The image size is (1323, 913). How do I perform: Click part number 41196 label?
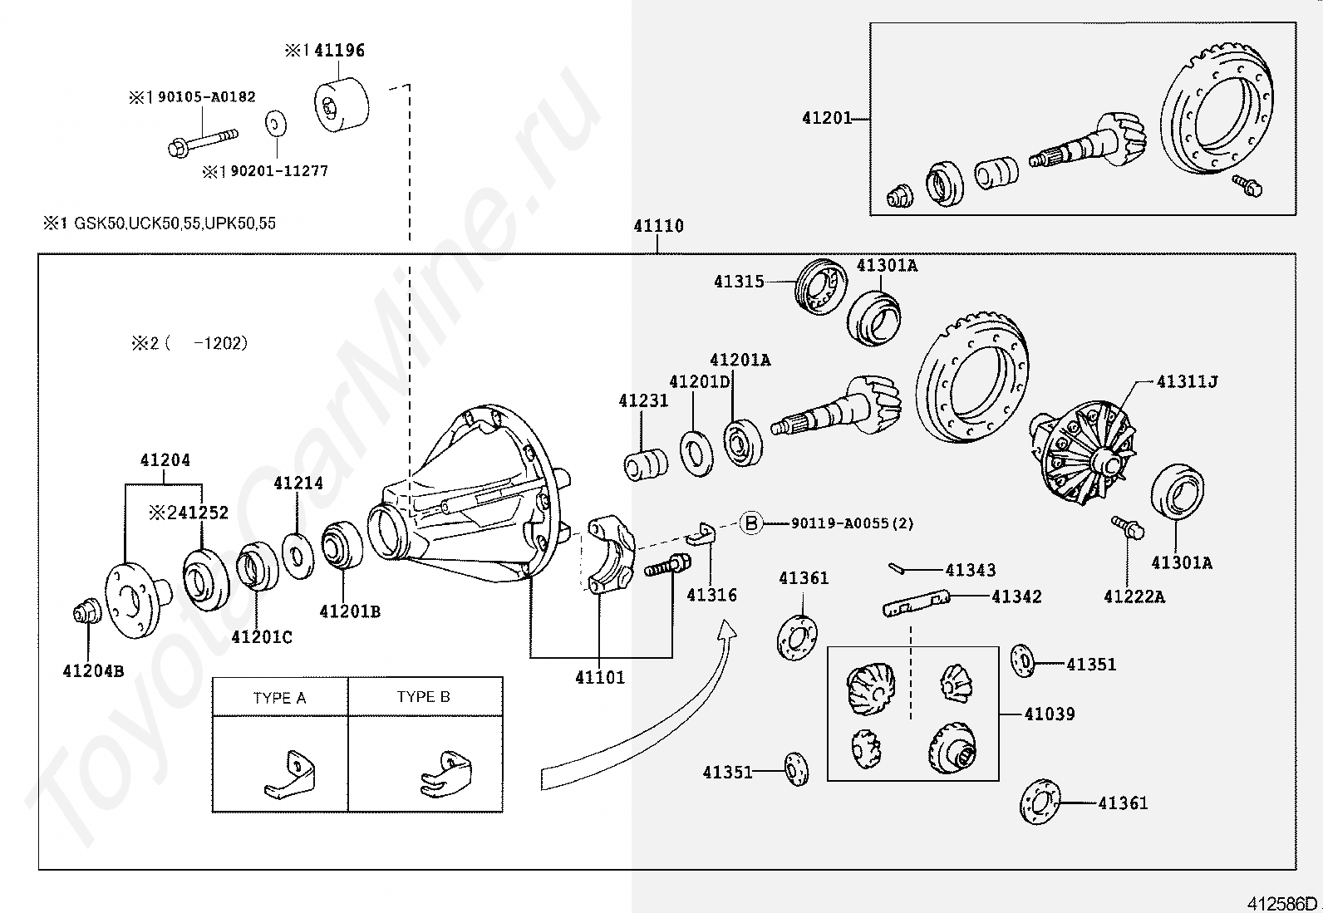pyautogui.click(x=339, y=50)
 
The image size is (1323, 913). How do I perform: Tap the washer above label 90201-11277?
pyautogui.click(x=274, y=125)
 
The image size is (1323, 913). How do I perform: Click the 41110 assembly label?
pyautogui.click(x=658, y=226)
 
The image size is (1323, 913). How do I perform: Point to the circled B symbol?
pyautogui.click(x=751, y=523)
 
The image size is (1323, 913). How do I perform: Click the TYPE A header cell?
pyautogui.click(x=280, y=698)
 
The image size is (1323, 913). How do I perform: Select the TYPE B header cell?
pyautogui.click(x=424, y=697)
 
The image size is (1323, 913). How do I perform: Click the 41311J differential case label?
pyautogui.click(x=1188, y=381)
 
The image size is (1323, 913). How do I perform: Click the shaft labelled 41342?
pyautogui.click(x=917, y=604)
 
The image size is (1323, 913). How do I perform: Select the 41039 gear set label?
pyautogui.click(x=1050, y=714)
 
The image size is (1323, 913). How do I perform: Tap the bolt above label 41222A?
pyautogui.click(x=1128, y=527)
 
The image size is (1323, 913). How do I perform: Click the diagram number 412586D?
pyautogui.click(x=1281, y=903)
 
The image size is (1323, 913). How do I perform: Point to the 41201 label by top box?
pyautogui.click(x=827, y=118)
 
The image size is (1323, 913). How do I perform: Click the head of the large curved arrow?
pyautogui.click(x=728, y=630)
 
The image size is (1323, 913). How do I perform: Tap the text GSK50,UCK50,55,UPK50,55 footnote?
pyautogui.click(x=175, y=223)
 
